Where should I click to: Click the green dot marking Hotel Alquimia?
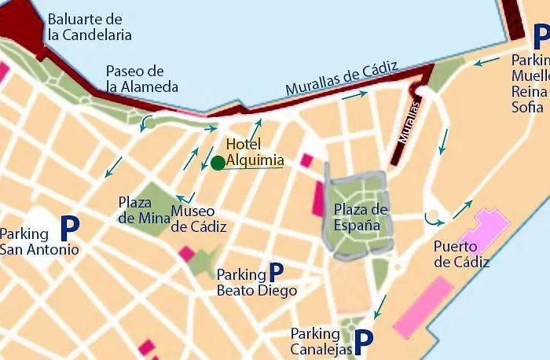point(218,163)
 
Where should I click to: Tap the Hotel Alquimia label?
point(255,152)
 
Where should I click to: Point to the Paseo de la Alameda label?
point(142,79)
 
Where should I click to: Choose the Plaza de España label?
point(361,217)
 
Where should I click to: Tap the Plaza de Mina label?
point(135,209)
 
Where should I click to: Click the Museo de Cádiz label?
point(199,219)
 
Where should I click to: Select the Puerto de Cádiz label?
point(461,254)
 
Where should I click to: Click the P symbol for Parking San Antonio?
point(70,229)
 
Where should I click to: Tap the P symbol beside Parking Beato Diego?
point(276,272)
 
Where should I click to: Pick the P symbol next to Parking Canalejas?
point(363,341)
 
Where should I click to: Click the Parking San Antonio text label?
point(39,242)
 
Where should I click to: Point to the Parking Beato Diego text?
point(256,283)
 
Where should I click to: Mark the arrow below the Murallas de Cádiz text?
point(354,95)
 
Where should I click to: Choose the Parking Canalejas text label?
point(321,342)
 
